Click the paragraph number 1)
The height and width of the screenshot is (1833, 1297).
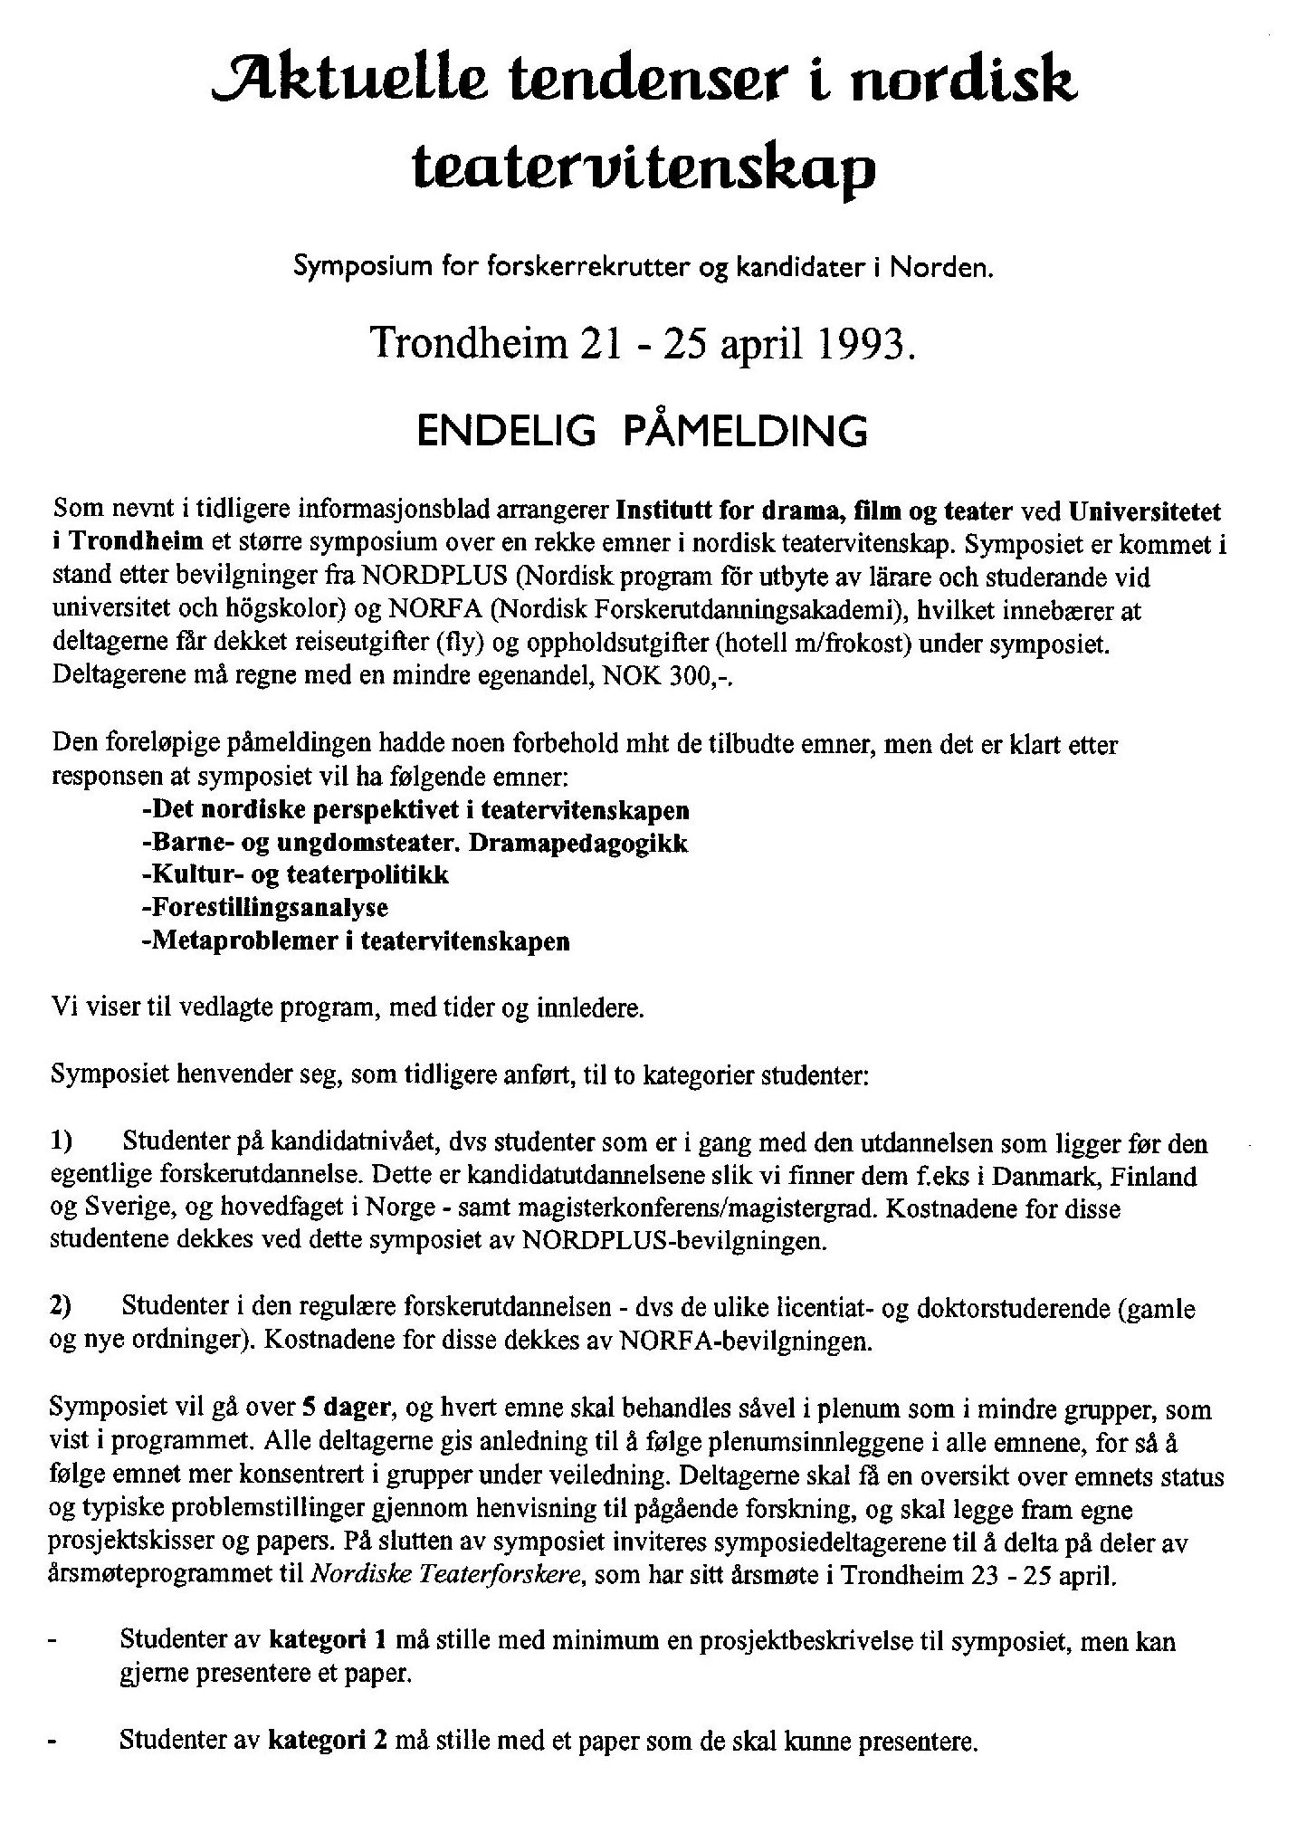pyautogui.click(x=66, y=1144)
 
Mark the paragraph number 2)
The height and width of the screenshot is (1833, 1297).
pyautogui.click(x=66, y=1309)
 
